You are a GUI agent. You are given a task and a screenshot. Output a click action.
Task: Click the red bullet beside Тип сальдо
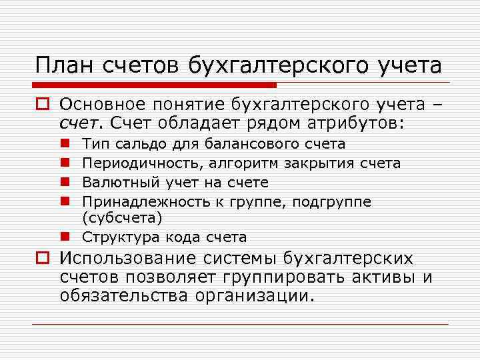tap(69, 144)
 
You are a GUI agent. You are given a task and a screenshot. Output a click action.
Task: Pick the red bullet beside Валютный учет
tap(69, 182)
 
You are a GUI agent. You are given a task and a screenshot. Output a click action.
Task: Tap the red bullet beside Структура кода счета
tap(69, 237)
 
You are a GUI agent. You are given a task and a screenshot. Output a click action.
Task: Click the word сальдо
tap(141, 144)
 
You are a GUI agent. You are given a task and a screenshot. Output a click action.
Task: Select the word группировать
tap(282, 277)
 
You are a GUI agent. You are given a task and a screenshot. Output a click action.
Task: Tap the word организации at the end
tap(253, 295)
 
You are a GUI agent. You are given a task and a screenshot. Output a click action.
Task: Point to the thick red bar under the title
tap(153, 85)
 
